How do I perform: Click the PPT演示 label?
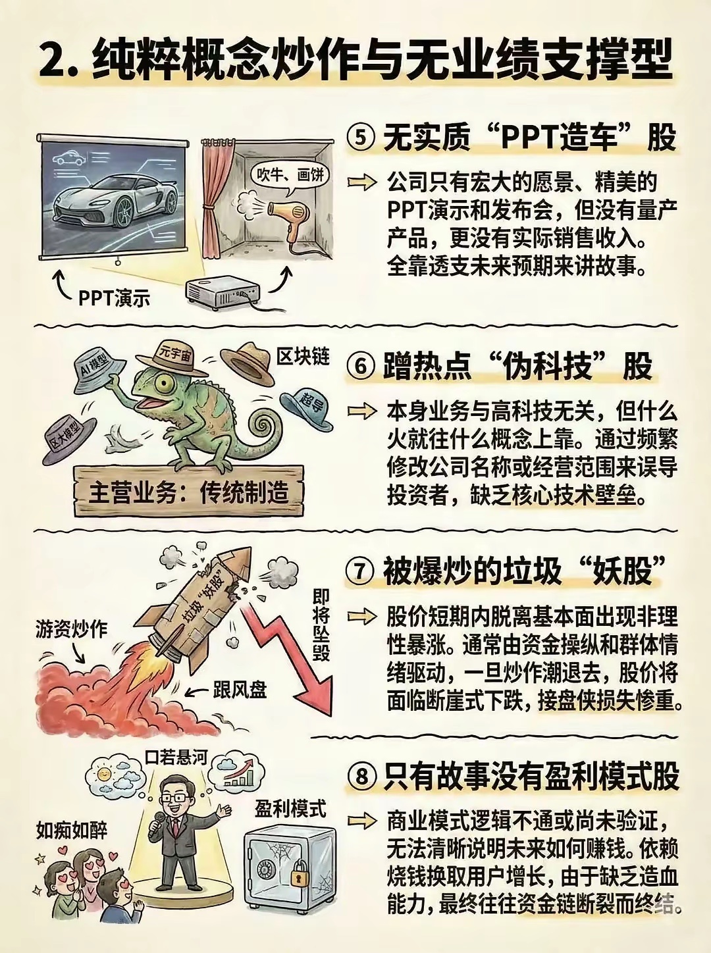(x=115, y=299)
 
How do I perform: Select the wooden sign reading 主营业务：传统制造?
(x=189, y=493)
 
